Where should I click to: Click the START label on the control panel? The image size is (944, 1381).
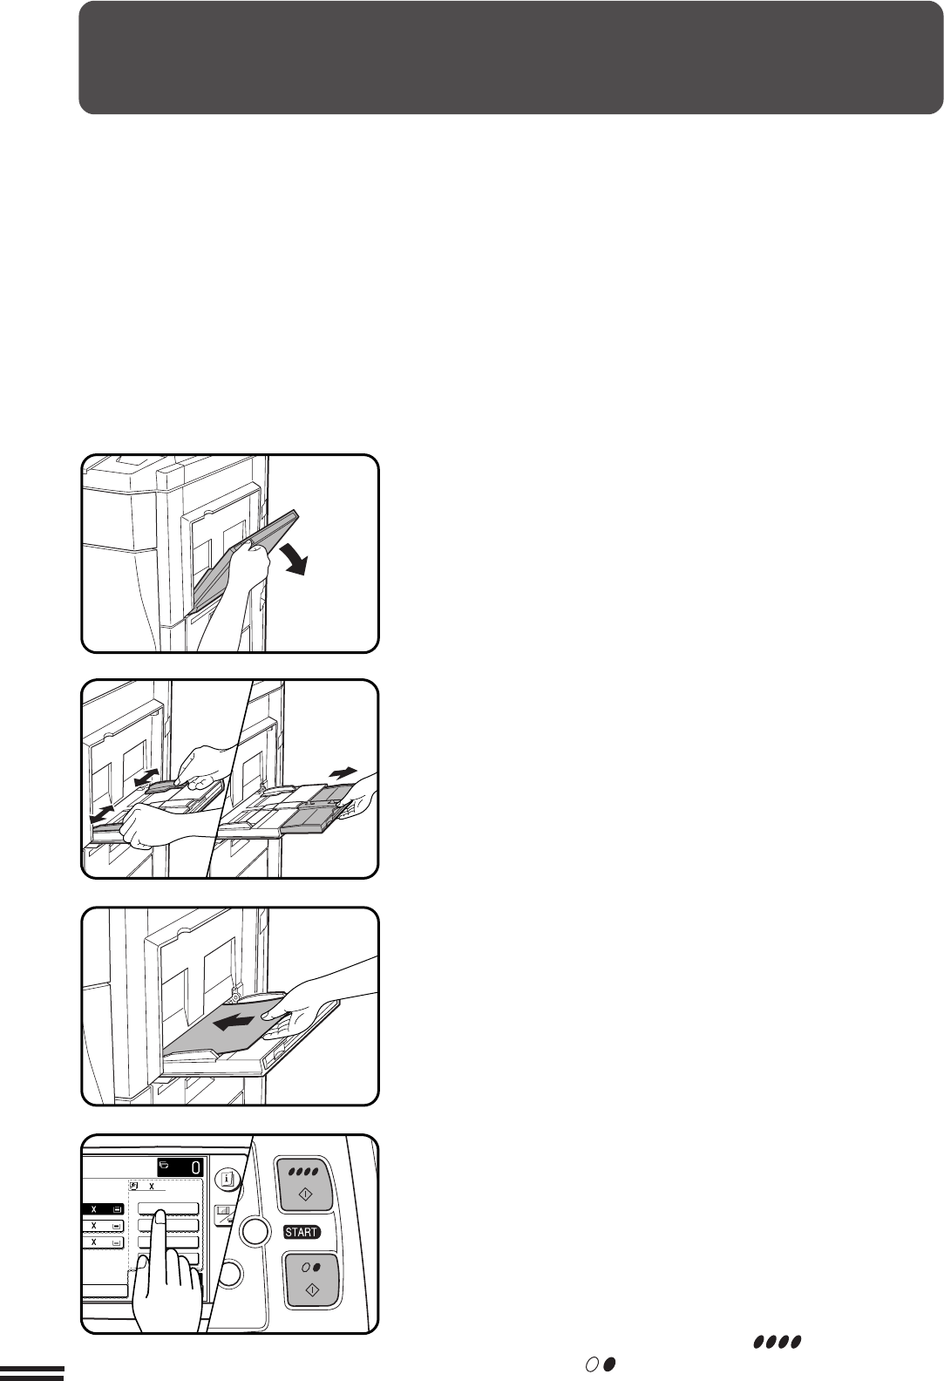coord(302,1232)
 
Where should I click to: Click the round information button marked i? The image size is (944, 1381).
coord(228,1180)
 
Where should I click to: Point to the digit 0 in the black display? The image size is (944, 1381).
coord(194,1167)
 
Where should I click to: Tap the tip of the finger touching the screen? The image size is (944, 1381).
coord(160,1214)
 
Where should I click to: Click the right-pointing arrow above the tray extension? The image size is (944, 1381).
coord(343,772)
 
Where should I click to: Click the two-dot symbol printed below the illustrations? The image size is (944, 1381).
coord(601,1364)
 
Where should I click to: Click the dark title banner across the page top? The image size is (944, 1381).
coord(511,58)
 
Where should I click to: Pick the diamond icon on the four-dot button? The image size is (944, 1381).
coord(306,1194)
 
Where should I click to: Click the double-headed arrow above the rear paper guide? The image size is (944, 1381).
coord(146,777)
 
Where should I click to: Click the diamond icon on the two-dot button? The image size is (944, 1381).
coord(312,1289)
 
